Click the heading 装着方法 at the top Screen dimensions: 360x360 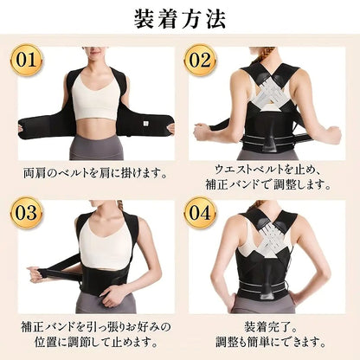(x=179, y=19)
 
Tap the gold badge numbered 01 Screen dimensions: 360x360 (x=26, y=60)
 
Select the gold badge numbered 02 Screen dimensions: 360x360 (x=200, y=60)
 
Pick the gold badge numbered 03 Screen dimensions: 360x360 (x=26, y=213)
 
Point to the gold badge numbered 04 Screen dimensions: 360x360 (x=200, y=213)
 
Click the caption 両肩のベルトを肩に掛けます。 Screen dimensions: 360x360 (x=95, y=173)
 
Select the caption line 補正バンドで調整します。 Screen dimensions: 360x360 (x=267, y=184)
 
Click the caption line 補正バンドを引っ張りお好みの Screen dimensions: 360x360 (x=96, y=327)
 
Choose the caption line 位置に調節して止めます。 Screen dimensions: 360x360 (x=96, y=342)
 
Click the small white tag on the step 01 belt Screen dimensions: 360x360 (x=146, y=123)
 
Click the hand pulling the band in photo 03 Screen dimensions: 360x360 (x=35, y=274)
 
